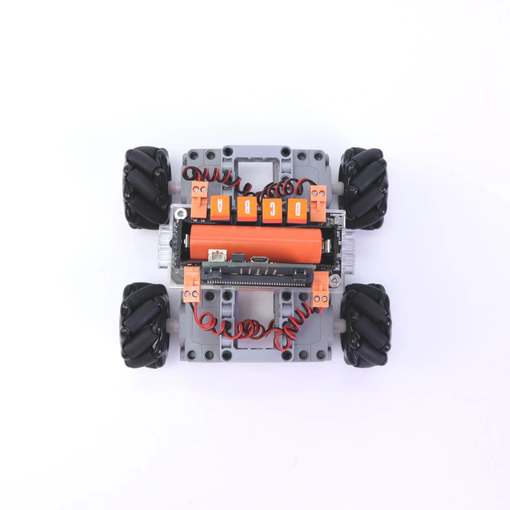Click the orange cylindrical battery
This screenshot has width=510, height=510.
(x=255, y=242)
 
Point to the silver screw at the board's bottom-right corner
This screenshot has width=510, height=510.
(x=335, y=279)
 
